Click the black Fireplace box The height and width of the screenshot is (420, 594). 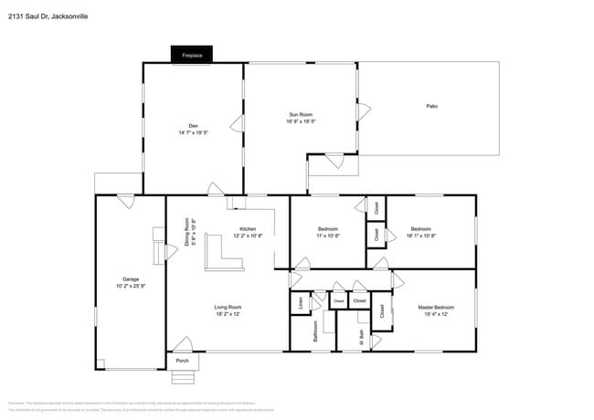[192, 56]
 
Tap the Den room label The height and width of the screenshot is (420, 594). [193, 126]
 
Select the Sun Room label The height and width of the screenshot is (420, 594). [301, 114]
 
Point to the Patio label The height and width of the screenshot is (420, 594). [431, 107]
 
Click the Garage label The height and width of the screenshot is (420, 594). [131, 278]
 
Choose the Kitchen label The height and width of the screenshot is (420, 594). [248, 229]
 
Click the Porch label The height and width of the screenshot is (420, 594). [181, 362]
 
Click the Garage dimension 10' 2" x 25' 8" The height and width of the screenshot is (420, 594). [131, 286]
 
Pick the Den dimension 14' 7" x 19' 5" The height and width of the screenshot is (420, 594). [193, 133]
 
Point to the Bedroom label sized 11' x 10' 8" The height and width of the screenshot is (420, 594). [328, 228]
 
